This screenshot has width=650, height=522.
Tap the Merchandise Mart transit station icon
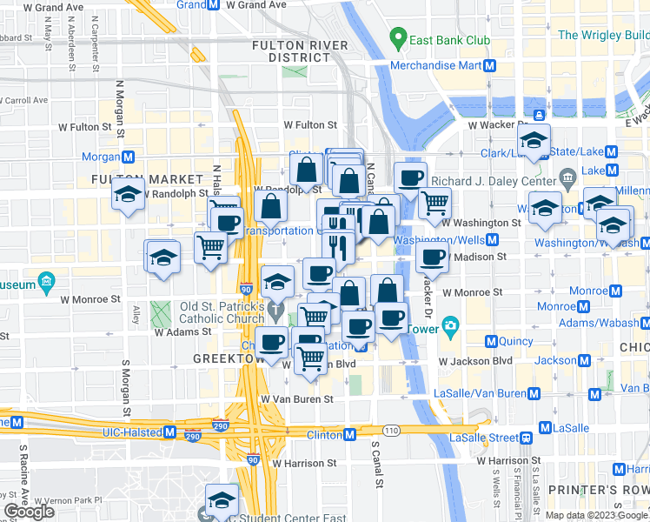490,65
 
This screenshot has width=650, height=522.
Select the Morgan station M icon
128,157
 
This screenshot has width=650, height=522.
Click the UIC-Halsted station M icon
169,432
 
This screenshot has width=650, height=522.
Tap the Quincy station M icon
491,342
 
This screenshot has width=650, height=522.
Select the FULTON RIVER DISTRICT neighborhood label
300,51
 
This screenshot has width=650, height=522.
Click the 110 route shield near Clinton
393,431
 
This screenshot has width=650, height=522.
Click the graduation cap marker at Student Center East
222,499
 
